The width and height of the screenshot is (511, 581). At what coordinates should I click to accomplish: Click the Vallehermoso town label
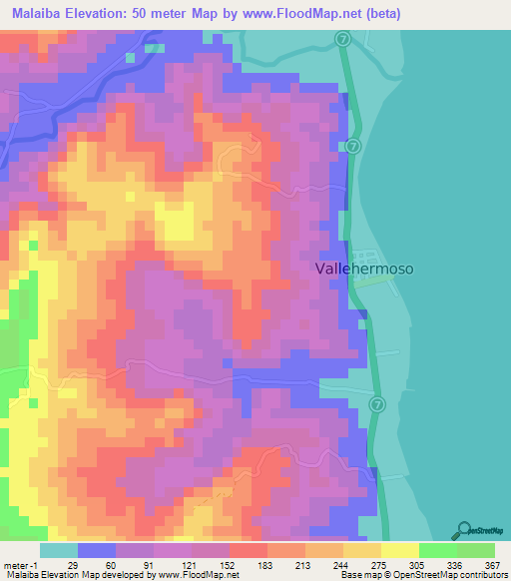pos(363,269)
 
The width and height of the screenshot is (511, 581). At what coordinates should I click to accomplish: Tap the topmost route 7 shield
pos(342,38)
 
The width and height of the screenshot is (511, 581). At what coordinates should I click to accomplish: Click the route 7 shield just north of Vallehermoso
pos(353,146)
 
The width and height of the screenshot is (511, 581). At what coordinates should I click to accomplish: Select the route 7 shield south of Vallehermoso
pos(376,404)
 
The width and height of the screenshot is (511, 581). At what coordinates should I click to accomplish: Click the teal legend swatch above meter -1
pos(59,549)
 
